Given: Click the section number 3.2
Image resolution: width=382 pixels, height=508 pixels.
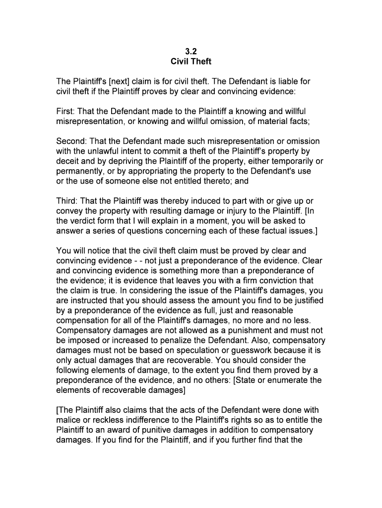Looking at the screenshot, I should click(191, 51).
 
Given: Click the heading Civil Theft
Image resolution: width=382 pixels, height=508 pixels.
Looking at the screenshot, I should click(191, 62).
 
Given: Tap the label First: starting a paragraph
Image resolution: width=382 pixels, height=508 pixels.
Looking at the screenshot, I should click(66, 112).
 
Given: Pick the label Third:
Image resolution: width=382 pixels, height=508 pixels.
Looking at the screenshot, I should click(67, 201).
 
